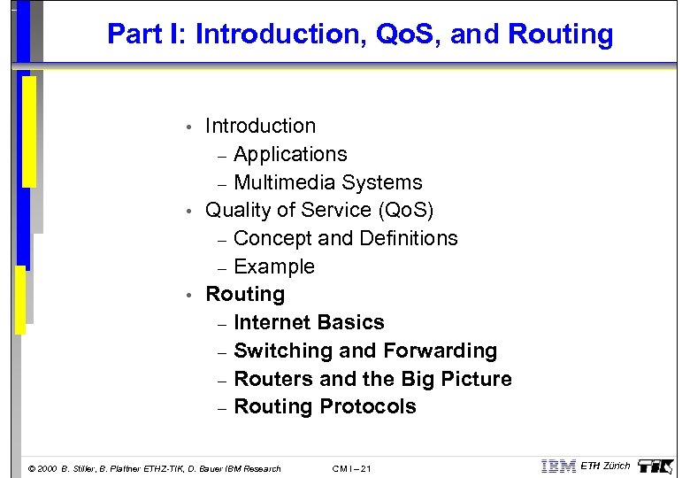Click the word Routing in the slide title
tap(561, 35)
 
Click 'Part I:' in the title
tap(147, 35)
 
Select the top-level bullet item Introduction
tap(260, 126)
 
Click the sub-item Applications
tap(290, 154)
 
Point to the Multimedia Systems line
tap(327, 182)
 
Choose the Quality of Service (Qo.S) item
tap(319, 210)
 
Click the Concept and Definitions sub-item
tap(345, 238)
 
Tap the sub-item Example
tap(274, 266)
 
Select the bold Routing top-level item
tap(245, 294)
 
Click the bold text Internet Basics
tap(309, 322)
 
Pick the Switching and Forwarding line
tap(365, 351)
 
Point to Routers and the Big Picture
tap(372, 379)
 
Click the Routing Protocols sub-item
tap(325, 406)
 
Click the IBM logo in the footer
tap(558, 466)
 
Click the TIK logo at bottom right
tap(655, 466)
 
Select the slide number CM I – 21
tap(351, 468)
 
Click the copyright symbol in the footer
tap(33, 468)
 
